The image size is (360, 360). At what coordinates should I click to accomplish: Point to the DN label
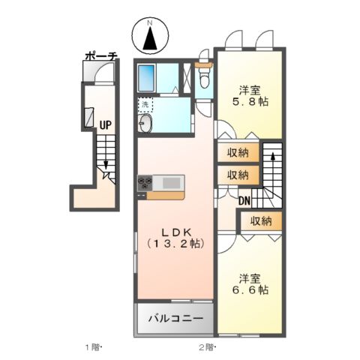[x=244, y=200]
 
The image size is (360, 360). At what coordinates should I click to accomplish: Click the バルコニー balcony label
[x=174, y=319]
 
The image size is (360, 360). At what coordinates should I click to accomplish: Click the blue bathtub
[x=147, y=78]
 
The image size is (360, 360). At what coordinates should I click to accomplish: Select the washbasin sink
[x=145, y=125]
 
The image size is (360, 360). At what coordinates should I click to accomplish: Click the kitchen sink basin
[x=171, y=182]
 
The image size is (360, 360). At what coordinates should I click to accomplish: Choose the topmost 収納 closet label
[x=238, y=153]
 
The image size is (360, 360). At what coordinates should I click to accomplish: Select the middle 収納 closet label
[x=238, y=175]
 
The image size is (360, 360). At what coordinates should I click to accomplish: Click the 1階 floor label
[x=93, y=346]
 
